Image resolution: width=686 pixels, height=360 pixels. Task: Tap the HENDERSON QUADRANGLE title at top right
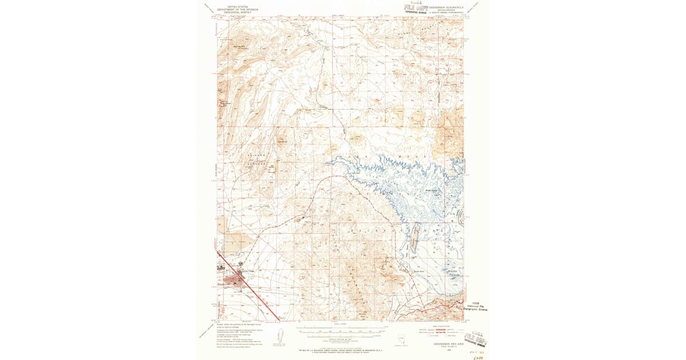(x=448, y=7)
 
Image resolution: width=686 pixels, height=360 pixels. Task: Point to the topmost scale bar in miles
(x=343, y=328)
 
